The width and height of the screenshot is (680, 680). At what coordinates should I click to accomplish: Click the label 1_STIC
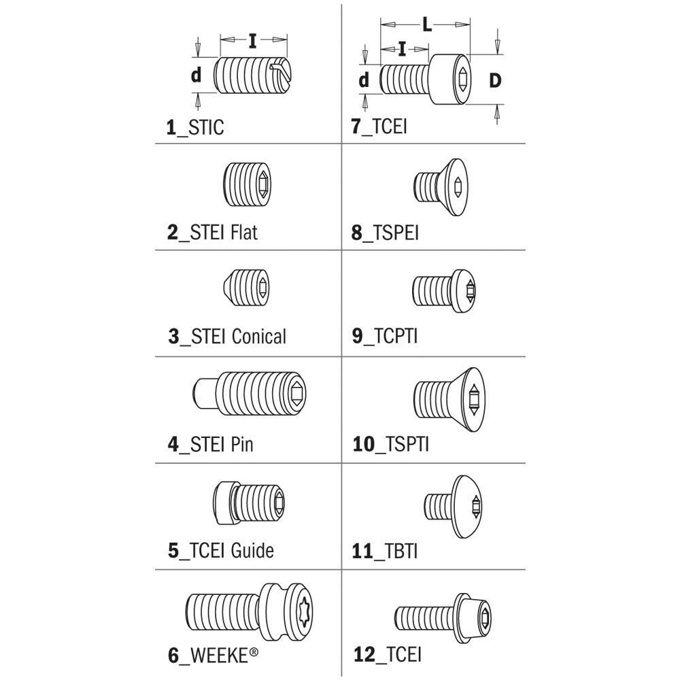point(195,127)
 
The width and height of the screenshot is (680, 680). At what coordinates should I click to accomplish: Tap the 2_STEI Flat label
point(212,233)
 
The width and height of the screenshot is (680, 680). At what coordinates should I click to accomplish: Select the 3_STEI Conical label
point(227,337)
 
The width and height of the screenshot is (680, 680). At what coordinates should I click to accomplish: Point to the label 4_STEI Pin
point(210,444)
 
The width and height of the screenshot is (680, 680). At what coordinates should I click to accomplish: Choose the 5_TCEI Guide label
point(221,550)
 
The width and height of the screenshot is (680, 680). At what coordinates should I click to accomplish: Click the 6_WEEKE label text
point(213,655)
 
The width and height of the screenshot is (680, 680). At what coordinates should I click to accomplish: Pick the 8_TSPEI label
point(385,233)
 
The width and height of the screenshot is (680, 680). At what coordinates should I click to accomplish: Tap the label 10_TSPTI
point(391,444)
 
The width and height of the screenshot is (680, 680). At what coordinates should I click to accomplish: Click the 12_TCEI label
point(388,654)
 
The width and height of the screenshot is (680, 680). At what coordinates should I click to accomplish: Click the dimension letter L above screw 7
point(427,25)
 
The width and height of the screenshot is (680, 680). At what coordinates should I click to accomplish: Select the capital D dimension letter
point(495,80)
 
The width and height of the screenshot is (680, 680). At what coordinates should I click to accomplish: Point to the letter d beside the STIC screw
point(196,75)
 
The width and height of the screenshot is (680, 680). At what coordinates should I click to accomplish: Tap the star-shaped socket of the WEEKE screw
point(303,611)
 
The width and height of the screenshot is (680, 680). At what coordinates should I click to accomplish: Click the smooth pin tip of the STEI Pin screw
point(203,393)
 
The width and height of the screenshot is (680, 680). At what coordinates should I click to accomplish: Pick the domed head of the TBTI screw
point(466,507)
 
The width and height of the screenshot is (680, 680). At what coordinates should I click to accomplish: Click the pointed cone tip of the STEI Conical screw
point(228,288)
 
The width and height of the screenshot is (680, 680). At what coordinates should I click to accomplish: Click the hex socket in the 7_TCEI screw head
point(463,80)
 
